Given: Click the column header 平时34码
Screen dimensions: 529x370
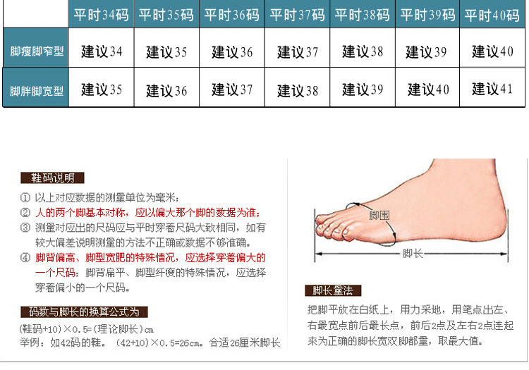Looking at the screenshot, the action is coord(101,16).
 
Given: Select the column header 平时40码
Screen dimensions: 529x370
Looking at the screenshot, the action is coord(492,16).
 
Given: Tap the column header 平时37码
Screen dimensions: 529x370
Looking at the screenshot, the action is coord(297,16).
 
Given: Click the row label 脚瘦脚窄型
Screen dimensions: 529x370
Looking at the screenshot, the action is coord(37,51).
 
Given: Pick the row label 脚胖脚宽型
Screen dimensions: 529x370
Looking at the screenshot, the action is coord(37,91).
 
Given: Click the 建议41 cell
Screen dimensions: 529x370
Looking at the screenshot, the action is coord(492,89).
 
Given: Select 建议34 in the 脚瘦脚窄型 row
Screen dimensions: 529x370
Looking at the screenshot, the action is coord(102,51).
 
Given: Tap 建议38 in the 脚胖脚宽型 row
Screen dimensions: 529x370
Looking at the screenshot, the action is coord(298,91).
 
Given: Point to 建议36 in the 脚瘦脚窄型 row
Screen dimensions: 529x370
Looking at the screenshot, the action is coord(232,52).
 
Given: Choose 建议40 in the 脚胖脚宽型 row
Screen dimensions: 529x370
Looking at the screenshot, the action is coord(428,90).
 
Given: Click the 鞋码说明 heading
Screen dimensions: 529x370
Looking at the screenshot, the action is coord(52,178).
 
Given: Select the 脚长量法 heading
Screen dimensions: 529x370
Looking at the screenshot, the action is coord(333,290).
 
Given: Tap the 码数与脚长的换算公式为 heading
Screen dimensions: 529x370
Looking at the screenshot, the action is coord(84,312).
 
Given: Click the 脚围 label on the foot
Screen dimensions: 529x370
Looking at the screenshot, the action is coord(379,216).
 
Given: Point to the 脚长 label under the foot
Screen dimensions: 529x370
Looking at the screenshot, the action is coord(413,254).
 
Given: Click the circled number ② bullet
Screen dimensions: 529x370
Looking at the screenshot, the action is coord(25,213).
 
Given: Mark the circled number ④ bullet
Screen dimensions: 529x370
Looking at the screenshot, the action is coord(25,258).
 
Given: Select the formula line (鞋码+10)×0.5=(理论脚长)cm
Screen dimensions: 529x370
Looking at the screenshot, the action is coord(87,329).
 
